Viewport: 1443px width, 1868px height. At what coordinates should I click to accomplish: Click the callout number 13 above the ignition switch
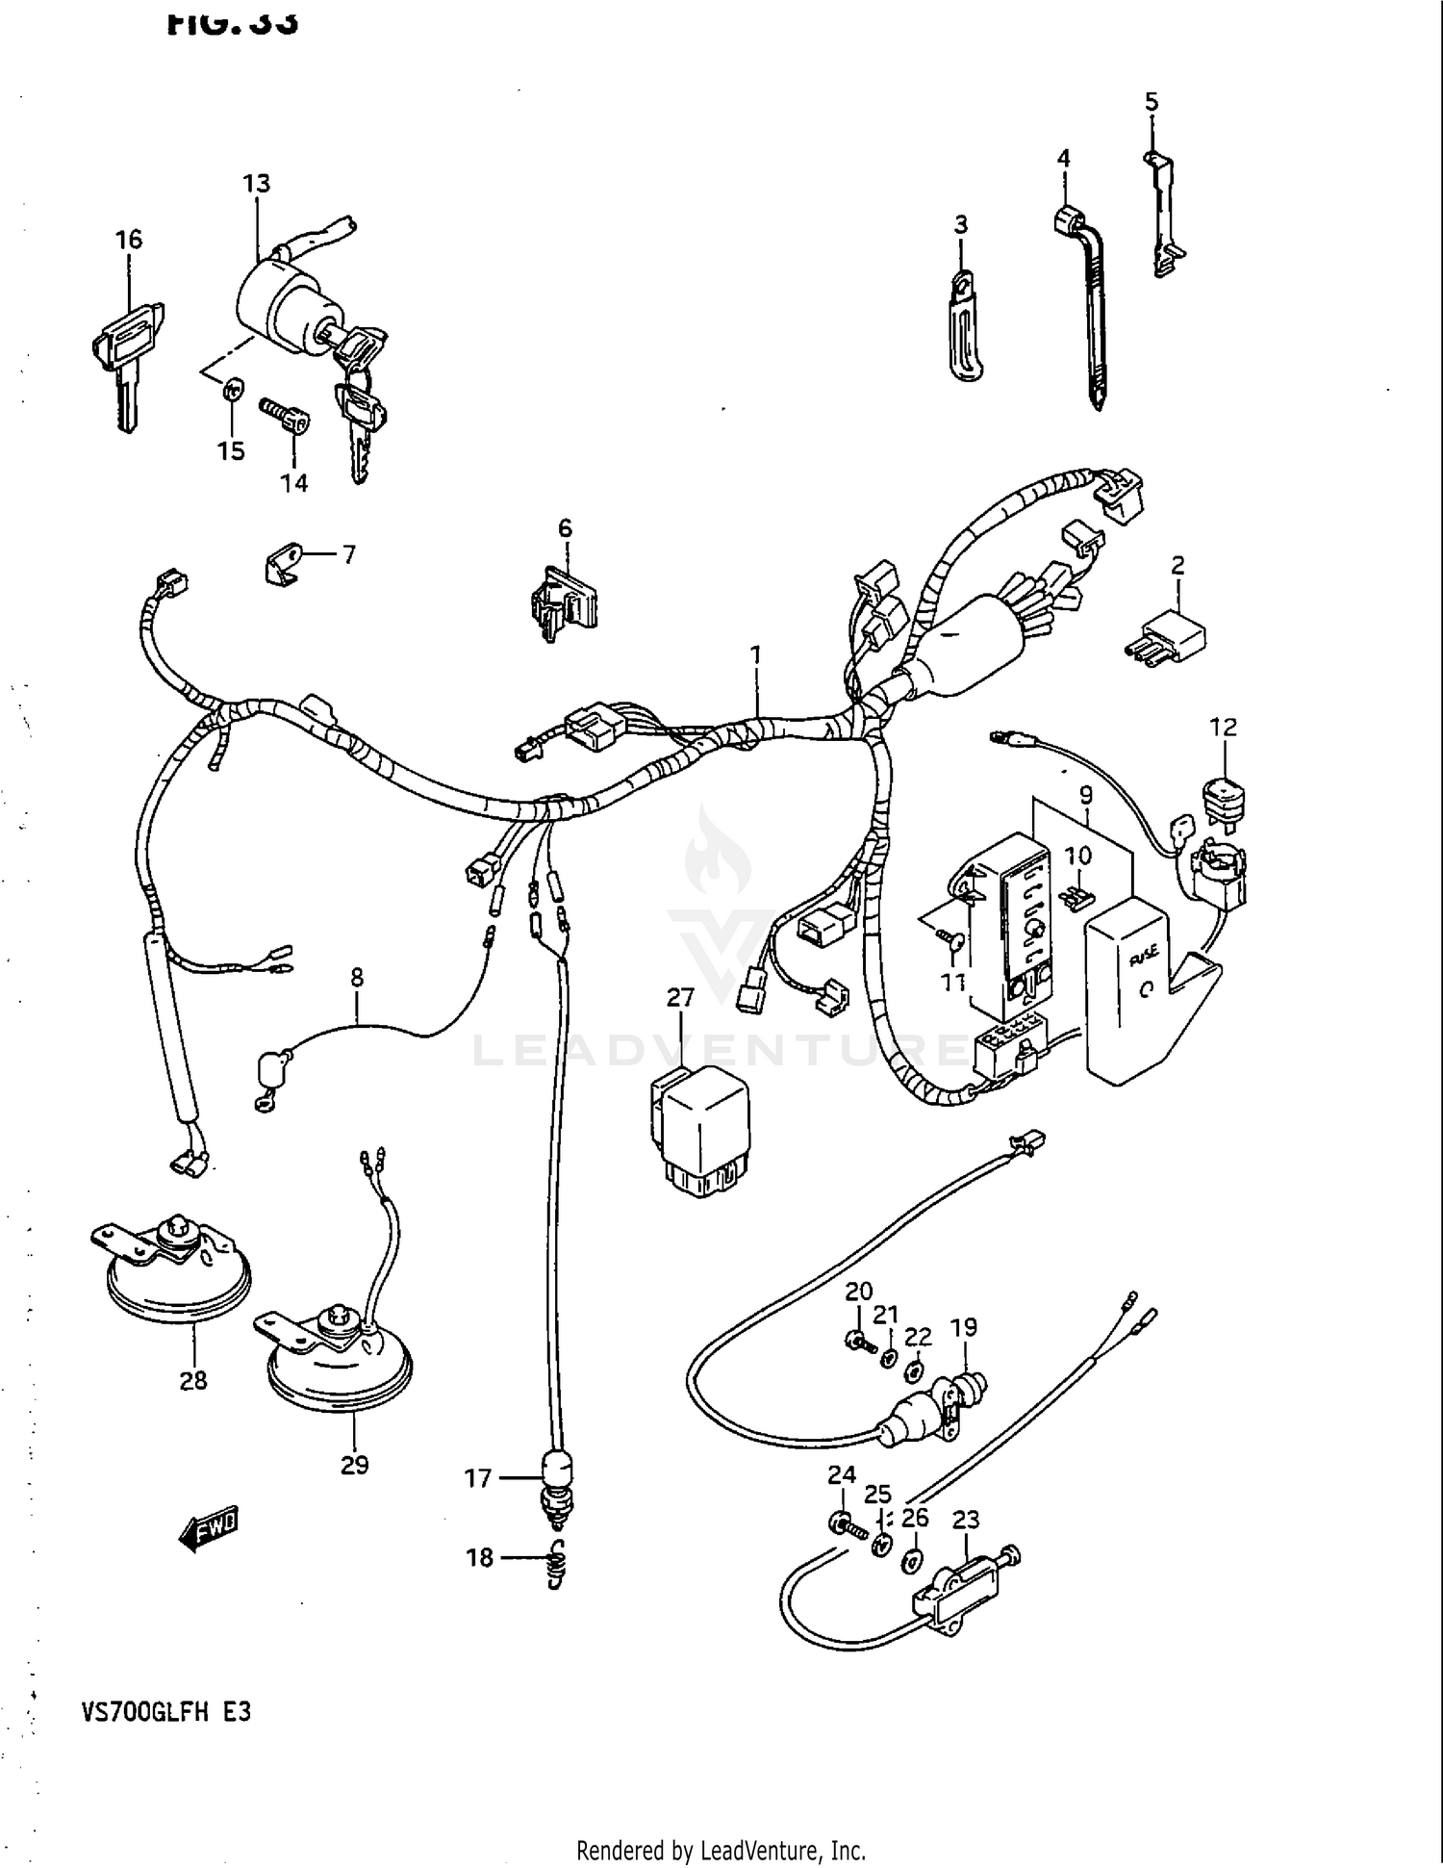[256, 183]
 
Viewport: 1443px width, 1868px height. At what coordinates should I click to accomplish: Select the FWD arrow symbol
[208, 1528]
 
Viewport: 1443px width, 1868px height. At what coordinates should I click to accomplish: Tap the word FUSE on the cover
[1143, 956]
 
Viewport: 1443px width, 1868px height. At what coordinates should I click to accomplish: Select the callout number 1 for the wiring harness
[756, 654]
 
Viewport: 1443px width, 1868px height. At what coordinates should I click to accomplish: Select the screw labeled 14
[286, 416]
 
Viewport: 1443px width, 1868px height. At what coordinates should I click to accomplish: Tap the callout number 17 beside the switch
[478, 1477]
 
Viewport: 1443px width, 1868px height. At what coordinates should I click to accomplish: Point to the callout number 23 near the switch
[965, 1519]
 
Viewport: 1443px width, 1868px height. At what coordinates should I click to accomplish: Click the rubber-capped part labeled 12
[1224, 798]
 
